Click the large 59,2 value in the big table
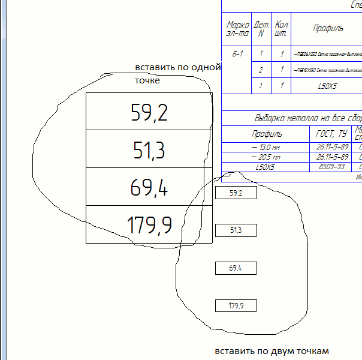(149, 112)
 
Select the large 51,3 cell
(149, 149)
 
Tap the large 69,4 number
(149, 187)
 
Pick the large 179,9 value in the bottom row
(150, 225)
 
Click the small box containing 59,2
(236, 193)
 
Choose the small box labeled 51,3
(236, 230)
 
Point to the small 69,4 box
(236, 268)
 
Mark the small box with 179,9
(236, 306)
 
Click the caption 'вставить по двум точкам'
(272, 350)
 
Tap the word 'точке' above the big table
(147, 80)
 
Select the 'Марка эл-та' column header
(237, 28)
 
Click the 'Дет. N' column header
(262, 28)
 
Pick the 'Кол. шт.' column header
(281, 28)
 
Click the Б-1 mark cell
(237, 54)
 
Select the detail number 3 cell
(261, 86)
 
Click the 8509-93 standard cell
(331, 167)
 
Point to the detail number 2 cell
(261, 70)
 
